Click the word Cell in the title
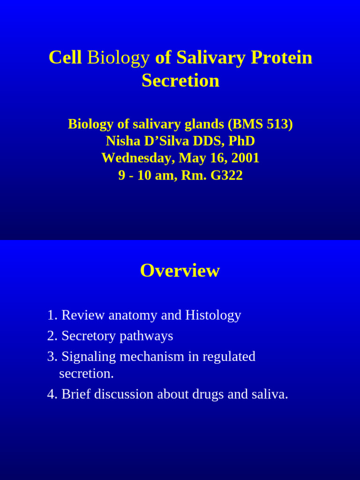[65, 58]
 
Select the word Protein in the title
[281, 58]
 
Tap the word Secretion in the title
[180, 81]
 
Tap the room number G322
[226, 175]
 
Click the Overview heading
[180, 271]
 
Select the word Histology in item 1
[213, 315]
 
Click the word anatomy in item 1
[133, 315]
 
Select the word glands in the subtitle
[202, 124]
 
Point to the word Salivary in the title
[211, 58]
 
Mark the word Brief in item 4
[76, 394]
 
